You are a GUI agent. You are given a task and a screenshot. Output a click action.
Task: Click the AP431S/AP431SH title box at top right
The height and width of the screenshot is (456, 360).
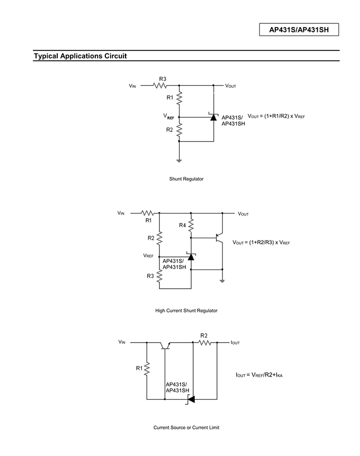[299, 30]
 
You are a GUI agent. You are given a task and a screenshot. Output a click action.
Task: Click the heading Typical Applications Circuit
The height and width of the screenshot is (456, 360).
[80, 56]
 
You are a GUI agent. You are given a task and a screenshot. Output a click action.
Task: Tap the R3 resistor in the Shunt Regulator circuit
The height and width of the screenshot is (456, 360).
[160, 85]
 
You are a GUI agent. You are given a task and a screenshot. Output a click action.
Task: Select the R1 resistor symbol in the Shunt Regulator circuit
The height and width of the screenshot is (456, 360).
[179, 97]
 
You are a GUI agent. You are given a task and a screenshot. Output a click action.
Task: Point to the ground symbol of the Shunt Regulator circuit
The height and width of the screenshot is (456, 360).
[179, 160]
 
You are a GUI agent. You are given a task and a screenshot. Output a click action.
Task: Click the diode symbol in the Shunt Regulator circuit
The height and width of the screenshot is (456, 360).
[214, 117]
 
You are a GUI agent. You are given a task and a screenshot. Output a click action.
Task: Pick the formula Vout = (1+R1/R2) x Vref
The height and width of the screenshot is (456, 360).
[276, 116]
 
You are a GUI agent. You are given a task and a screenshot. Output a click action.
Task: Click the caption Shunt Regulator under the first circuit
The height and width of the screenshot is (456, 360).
[186, 179]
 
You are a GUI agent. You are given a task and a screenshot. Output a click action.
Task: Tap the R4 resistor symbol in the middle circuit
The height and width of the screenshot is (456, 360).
[191, 226]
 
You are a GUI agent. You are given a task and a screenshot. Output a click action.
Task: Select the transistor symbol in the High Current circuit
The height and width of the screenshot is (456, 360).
[219, 238]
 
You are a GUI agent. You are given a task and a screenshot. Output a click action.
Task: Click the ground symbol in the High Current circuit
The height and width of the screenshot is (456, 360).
[222, 281]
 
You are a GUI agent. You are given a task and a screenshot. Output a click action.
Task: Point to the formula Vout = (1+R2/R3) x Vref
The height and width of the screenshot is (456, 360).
[261, 242]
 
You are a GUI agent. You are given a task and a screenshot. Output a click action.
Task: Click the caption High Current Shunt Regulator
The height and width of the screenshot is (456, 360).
[186, 310]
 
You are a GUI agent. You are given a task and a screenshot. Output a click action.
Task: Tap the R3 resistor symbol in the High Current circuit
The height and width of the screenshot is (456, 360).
[159, 276]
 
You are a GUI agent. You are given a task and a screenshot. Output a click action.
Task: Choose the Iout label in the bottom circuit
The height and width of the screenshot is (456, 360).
[235, 343]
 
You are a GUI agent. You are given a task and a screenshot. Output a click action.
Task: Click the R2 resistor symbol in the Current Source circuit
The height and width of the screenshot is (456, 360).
[205, 343]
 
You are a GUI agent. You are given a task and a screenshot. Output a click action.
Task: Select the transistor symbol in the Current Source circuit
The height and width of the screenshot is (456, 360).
[165, 345]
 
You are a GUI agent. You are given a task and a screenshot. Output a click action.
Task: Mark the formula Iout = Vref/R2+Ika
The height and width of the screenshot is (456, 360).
[259, 375]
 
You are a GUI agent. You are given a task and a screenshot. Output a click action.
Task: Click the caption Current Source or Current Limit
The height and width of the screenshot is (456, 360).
[186, 427]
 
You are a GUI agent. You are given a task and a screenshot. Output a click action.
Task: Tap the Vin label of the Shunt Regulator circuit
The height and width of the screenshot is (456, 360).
[132, 86]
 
